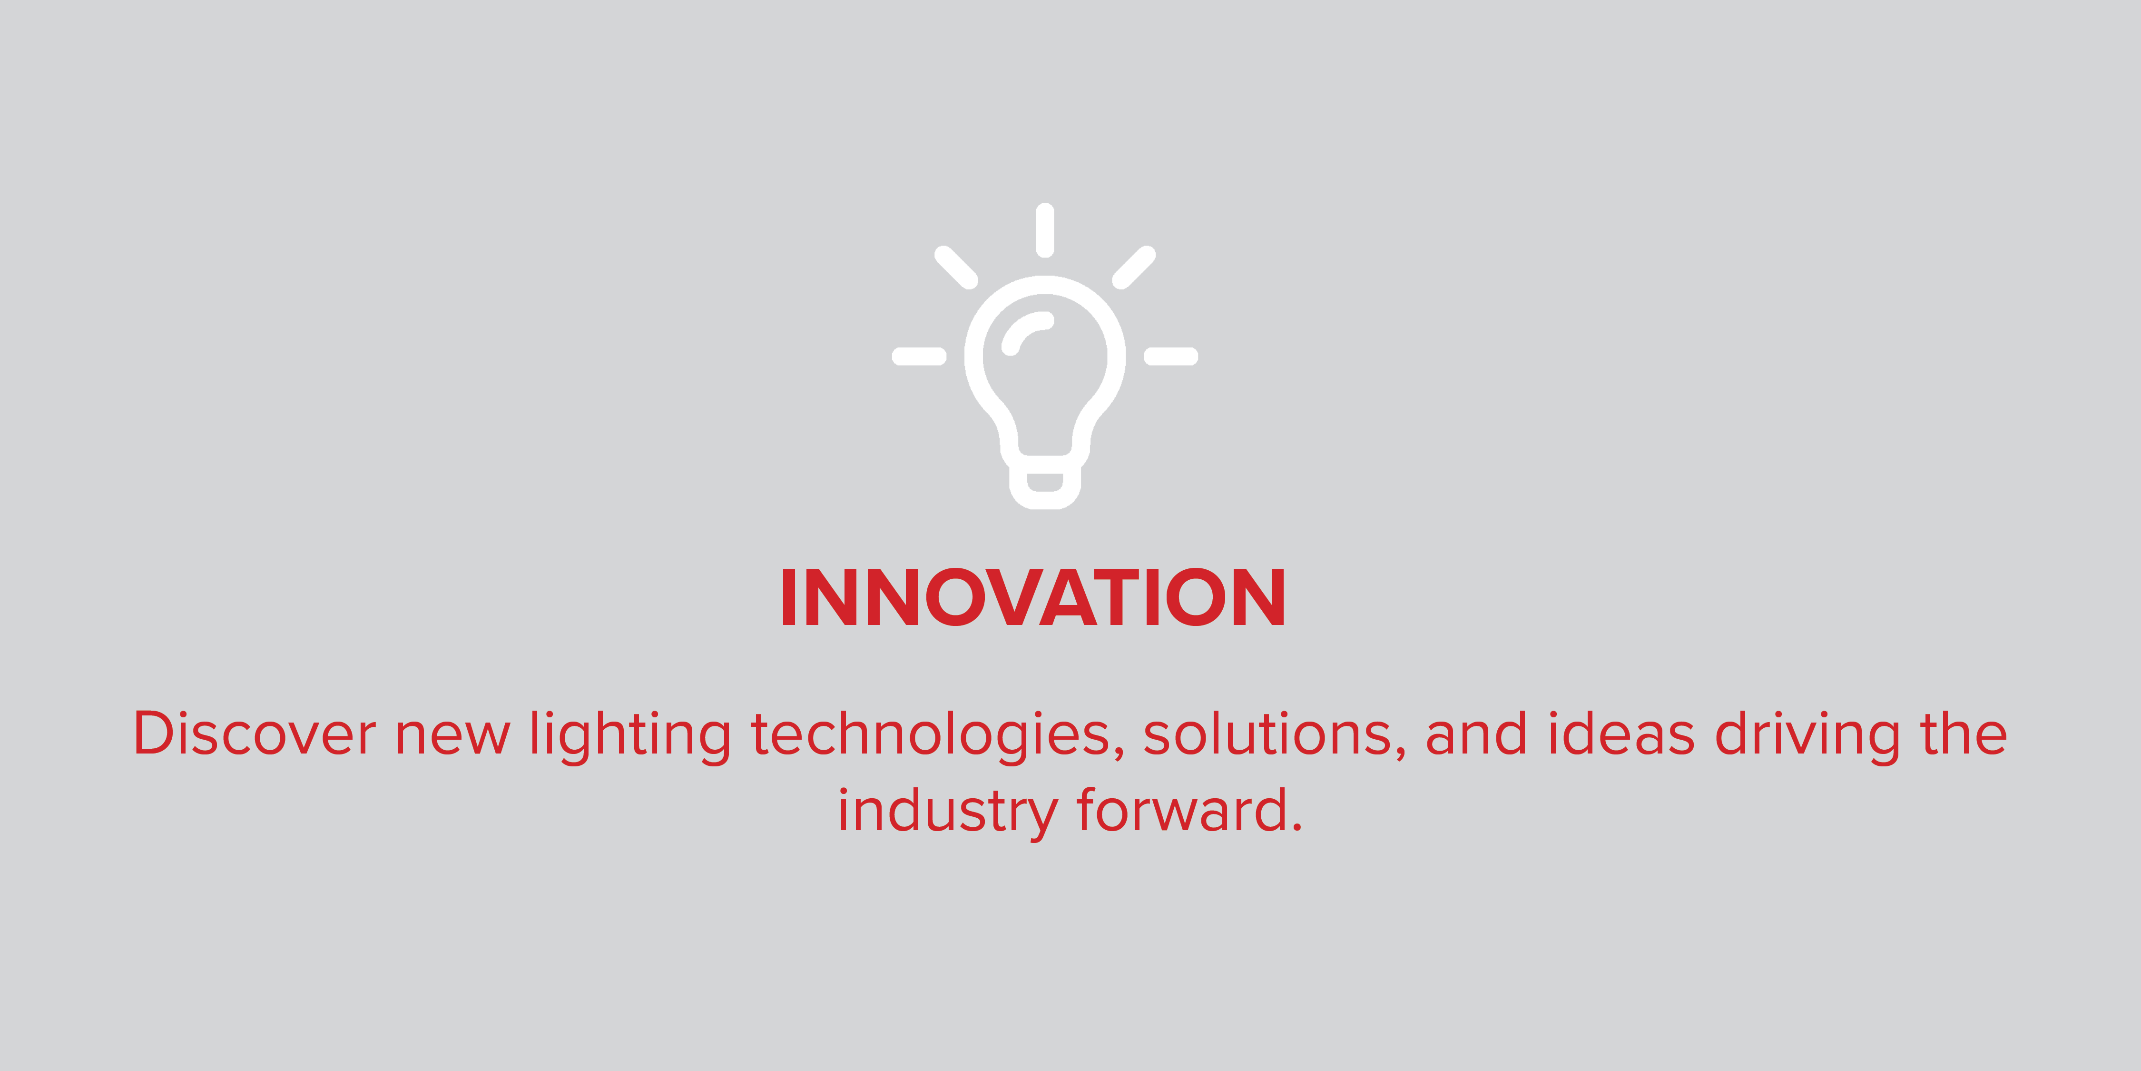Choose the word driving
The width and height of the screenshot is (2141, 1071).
1807,735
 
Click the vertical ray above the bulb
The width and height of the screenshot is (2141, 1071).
1045,230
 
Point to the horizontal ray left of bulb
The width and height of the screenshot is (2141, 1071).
918,357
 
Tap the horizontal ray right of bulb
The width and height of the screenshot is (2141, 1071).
1170,357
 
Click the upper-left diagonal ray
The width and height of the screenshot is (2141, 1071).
956,268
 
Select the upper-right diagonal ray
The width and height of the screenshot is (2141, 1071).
1134,268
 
